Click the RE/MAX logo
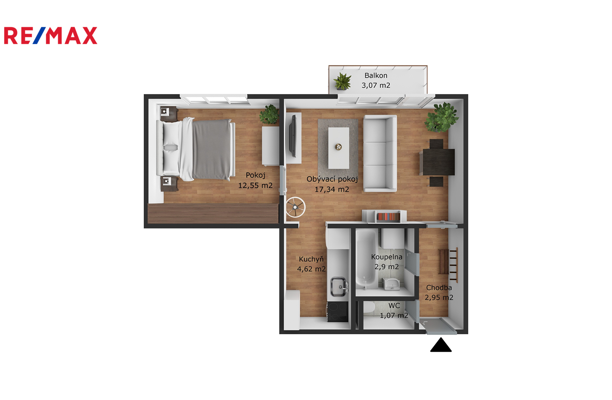pos(50,36)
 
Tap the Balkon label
pos(376,75)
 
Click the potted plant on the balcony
pos(342,81)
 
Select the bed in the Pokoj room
pos(195,149)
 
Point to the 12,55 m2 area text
pos(255,186)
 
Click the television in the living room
pos(293,136)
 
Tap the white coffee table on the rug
pos(339,148)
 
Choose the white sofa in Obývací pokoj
pos(380,153)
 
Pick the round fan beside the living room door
pos(295,207)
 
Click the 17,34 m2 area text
pos(332,189)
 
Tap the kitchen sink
pos(339,287)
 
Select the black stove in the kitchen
pos(338,312)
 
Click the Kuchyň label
pos(311,259)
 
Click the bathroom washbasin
pos(391,284)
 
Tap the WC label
pos(394,306)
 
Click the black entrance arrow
pos(441,344)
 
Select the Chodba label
pos(439,287)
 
